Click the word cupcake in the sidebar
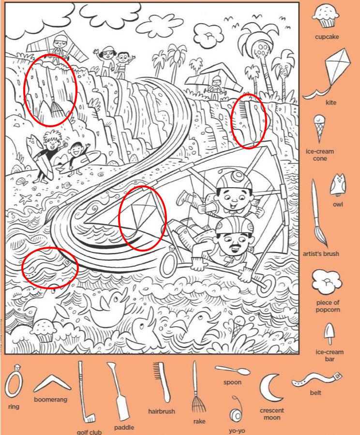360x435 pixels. [x=327, y=37]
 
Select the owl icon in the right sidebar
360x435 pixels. [x=338, y=185]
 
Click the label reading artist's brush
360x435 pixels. [x=321, y=254]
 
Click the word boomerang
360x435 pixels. [x=50, y=400]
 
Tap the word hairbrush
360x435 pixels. [x=162, y=411]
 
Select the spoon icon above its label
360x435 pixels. [x=232, y=370]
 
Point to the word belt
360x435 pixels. [x=315, y=392]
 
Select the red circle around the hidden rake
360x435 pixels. [x=50, y=90]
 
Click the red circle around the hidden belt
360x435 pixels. [x=50, y=268]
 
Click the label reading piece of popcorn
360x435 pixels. [x=328, y=306]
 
